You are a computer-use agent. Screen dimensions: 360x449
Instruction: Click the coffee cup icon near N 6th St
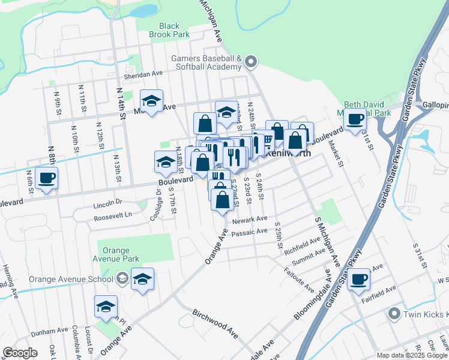(x=46, y=178)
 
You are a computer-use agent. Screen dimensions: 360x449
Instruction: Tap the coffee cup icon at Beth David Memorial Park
(x=355, y=118)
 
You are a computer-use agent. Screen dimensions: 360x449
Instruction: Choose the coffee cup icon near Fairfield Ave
(x=359, y=278)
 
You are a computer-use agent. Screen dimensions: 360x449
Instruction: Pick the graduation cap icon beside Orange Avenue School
(x=142, y=279)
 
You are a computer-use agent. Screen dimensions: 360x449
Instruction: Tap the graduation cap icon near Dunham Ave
(x=106, y=306)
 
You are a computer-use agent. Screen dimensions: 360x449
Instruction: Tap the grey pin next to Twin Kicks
(x=394, y=313)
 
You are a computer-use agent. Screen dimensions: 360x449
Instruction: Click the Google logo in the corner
(x=20, y=353)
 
